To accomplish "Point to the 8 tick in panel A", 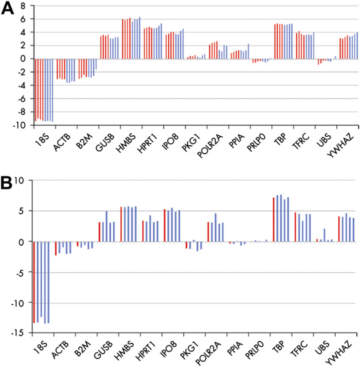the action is [23, 6].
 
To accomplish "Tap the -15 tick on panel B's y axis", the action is [18, 332].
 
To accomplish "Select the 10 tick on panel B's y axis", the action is [20, 181].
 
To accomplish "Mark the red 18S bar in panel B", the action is [34, 282].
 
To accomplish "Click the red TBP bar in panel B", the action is [273, 220].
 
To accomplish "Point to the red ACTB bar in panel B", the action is [56, 248].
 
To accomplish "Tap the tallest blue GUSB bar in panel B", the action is [107, 226].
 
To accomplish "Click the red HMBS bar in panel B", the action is [121, 224].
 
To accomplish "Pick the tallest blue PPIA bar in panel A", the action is [248, 51].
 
